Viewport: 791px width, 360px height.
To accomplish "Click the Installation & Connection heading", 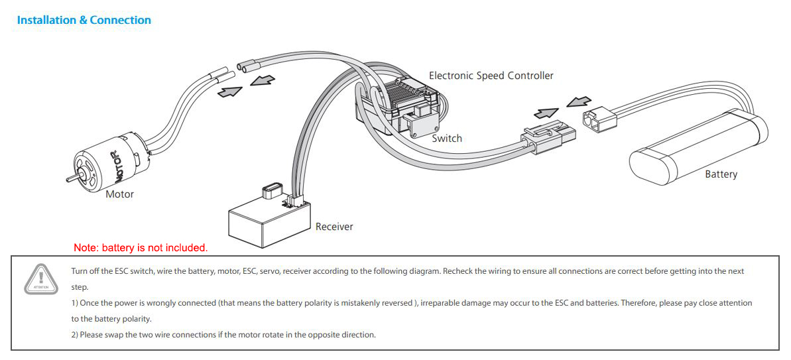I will [84, 21].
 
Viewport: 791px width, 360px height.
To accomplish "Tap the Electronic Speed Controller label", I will [491, 76].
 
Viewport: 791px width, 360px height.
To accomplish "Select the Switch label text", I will [446, 139].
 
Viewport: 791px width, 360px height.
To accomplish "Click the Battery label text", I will [721, 174].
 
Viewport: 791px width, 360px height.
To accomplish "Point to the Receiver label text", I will [334, 227].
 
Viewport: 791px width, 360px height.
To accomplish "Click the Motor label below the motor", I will [119, 194].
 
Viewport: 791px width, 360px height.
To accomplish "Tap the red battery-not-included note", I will [141, 248].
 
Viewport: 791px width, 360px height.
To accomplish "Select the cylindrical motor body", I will [106, 162].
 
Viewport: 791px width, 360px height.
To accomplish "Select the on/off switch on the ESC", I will [422, 124].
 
